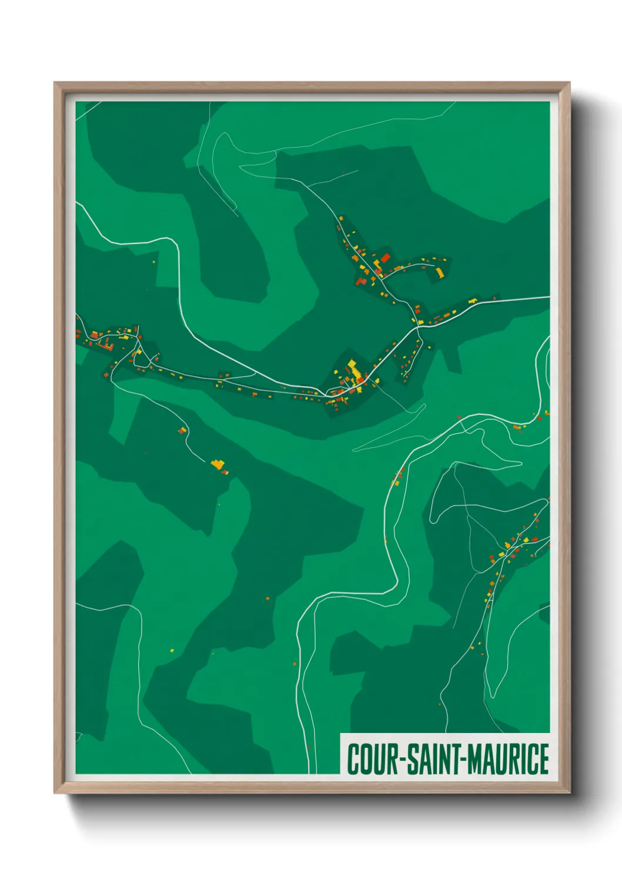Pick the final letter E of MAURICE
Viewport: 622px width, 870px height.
pos(544,759)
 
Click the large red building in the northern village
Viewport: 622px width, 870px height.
pos(385,257)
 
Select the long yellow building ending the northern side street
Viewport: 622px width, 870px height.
pos(439,272)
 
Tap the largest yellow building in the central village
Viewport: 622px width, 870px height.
pos(354,370)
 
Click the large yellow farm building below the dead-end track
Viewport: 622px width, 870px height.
pos(218,464)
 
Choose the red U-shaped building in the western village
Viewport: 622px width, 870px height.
pos(107,343)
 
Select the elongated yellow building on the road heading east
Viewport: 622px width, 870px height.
pos(472,301)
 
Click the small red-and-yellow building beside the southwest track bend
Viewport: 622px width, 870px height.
pos(182,430)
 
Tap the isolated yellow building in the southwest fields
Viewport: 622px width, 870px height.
pos(172,650)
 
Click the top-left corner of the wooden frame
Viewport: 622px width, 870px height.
pos(55,83)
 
